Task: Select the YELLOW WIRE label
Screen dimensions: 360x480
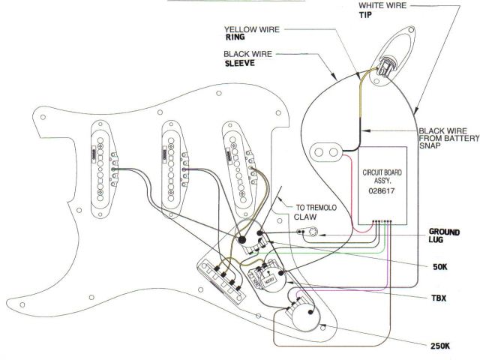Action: pyautogui.click(x=251, y=31)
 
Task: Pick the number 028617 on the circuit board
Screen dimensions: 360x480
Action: pyautogui.click(x=382, y=190)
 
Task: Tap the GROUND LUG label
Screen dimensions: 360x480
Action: pyautogui.click(x=444, y=235)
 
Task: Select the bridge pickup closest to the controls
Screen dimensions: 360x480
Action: pyautogui.click(x=238, y=163)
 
